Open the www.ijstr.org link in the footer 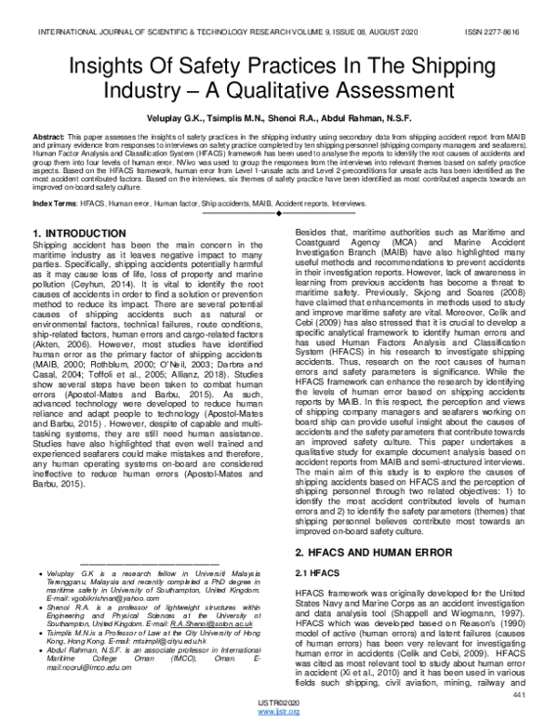279,712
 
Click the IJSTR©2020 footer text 279,702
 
